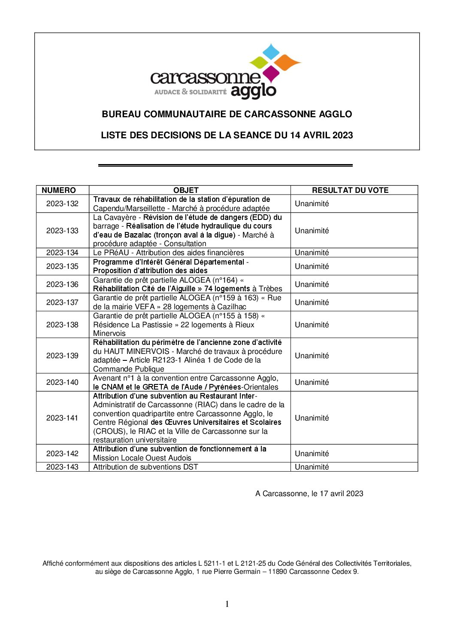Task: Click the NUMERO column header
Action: coord(58,190)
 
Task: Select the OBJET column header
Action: coord(186,190)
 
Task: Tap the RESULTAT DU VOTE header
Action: coord(350,190)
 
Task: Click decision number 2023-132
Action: coord(62,204)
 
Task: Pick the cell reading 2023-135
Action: coord(62,266)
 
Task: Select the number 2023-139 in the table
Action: coord(62,356)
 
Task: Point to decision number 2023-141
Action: coord(62,418)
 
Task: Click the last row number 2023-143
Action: coord(62,467)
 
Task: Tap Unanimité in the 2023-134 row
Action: coord(312,253)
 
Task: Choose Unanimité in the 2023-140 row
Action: coord(312,382)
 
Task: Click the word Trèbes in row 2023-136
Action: coord(270,289)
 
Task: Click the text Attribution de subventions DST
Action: coord(145,467)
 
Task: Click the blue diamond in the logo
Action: coord(271,52)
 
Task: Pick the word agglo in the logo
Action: coord(253,91)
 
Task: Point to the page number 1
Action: coord(227,604)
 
